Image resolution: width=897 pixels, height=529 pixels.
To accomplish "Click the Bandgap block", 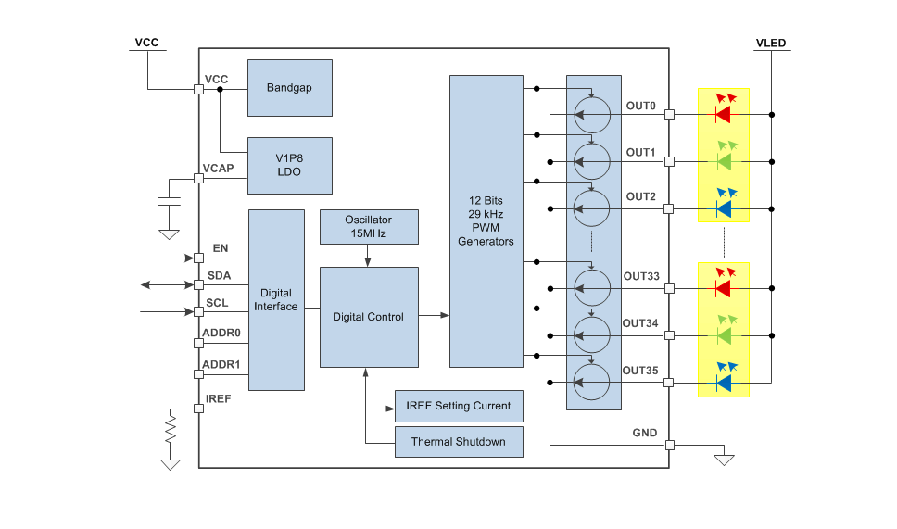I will pos(289,88).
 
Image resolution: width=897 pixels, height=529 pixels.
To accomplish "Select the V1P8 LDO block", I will pos(289,165).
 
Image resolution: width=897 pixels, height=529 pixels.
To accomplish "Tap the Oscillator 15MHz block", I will pos(368,227).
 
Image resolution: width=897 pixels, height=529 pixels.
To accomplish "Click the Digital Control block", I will pos(368,317).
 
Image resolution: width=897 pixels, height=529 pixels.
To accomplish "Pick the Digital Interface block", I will pos(276,299).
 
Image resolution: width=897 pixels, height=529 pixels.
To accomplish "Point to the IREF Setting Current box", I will pos(459,406).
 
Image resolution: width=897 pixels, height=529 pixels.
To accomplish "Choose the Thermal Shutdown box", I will pos(459,442).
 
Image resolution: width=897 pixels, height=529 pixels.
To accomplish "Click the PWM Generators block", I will pos(486,220).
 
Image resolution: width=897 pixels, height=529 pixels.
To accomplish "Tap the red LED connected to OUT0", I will pos(723,115).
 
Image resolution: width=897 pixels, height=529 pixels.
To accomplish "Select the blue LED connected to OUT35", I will pos(723,382).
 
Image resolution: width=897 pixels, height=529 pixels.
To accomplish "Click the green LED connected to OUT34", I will pos(723,334).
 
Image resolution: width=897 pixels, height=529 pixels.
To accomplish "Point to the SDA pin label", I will pos(219,276).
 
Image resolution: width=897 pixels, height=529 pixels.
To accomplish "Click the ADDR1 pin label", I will pos(221,365).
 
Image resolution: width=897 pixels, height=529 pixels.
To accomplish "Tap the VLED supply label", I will pos(771,44).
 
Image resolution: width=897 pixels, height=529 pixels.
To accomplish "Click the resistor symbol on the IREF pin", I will pos(170,429).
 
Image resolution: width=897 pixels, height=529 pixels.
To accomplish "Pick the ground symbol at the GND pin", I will pos(725,459).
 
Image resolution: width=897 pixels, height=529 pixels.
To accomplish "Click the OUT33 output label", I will pos(641,276).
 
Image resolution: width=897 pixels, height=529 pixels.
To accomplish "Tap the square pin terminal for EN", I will pos(198,258).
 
